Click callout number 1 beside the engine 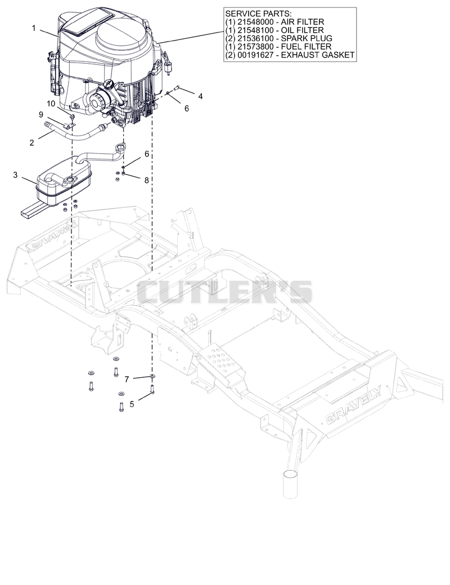coord(34,28)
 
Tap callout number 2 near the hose coord(31,142)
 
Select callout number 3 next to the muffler coord(15,175)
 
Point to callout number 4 coord(201,96)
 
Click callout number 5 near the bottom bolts coord(132,404)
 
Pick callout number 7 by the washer coord(127,379)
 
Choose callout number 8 coord(146,180)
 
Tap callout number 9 coord(41,114)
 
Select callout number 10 coord(51,103)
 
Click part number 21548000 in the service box coord(254,22)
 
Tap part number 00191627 coord(254,55)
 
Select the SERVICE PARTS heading coord(253,14)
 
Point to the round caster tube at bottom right coord(290,484)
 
